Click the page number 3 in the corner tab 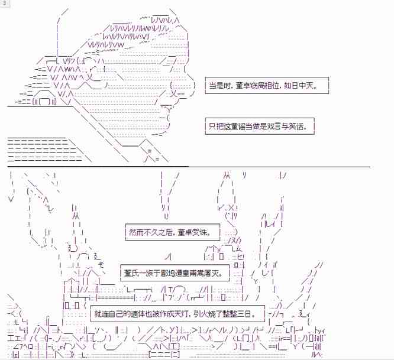[4, 4]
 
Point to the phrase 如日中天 [299, 86]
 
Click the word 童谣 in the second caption [237, 127]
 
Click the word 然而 [137, 232]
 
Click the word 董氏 [131, 273]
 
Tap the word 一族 [146, 273]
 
